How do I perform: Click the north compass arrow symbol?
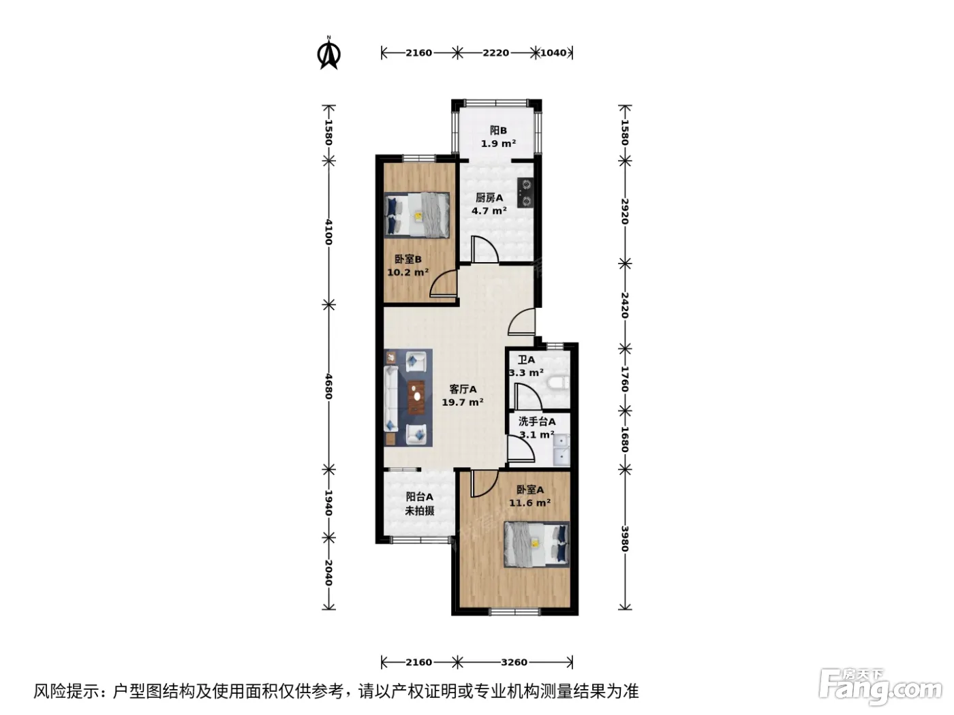point(328,52)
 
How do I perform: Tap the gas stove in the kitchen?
point(525,192)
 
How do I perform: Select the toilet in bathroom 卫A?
point(558,383)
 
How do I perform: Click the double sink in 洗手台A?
point(561,449)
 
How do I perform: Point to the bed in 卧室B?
point(417,215)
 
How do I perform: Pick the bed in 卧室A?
point(536,544)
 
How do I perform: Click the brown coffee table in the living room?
point(416,397)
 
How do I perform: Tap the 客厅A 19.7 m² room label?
point(463,396)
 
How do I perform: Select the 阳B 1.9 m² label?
point(498,137)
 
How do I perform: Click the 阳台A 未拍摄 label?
point(419,504)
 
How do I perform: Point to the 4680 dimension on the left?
point(328,386)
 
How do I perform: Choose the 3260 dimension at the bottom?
point(514,662)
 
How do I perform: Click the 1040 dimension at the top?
point(553,53)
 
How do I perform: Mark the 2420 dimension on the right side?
point(625,305)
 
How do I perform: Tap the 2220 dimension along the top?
point(496,53)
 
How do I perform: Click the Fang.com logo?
point(880,688)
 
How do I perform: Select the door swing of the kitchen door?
point(485,249)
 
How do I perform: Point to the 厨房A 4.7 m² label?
point(489,204)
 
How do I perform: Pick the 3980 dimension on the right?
point(625,539)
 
